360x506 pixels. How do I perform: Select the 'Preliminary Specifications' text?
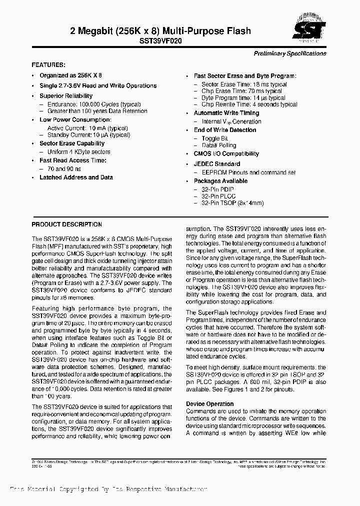coord(290,53)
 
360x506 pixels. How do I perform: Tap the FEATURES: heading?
coord(48,65)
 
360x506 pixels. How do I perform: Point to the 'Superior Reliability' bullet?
coord(66,95)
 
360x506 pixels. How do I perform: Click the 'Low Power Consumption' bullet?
coord(75,120)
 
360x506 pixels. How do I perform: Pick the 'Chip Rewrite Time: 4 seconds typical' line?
coord(249,104)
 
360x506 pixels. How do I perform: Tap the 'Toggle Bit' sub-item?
coord(215,138)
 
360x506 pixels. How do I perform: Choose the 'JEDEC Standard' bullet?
coord(217,164)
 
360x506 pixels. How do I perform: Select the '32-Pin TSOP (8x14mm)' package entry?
coord(232,203)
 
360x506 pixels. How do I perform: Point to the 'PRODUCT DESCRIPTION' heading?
coord(66,224)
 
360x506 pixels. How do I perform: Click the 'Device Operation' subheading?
coord(209,403)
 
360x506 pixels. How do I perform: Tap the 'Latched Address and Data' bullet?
coord(76,177)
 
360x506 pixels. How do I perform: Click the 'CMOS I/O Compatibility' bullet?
coord(226,154)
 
